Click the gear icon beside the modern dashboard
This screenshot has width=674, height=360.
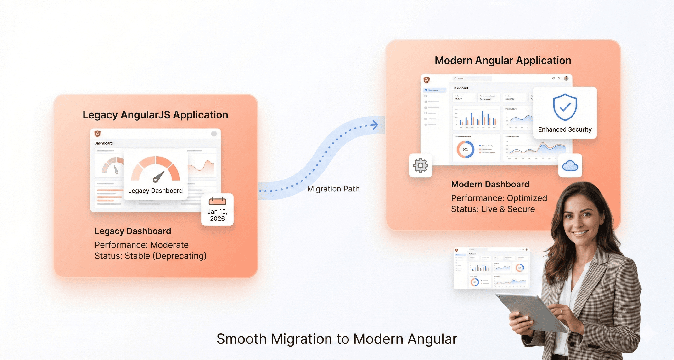click(421, 165)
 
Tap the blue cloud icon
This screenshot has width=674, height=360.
click(570, 166)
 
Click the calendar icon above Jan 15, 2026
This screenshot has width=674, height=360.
click(217, 201)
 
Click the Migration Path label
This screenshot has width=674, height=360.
click(333, 189)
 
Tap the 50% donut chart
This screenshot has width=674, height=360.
click(465, 149)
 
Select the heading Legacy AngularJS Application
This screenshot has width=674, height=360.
click(155, 115)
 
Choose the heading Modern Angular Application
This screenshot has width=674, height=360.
click(503, 60)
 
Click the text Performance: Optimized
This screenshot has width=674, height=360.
click(499, 198)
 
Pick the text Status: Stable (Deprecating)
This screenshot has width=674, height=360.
click(151, 256)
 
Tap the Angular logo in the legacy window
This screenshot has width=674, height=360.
click(98, 134)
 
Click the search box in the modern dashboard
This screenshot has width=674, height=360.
click(472, 78)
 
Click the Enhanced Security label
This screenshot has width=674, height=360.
click(565, 129)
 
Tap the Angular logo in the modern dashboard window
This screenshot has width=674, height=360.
click(427, 80)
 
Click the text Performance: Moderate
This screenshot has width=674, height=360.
click(141, 245)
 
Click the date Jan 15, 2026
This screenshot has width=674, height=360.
click(217, 215)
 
